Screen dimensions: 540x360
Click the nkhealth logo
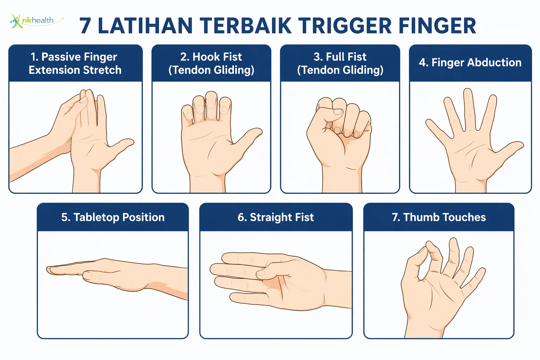pyautogui.click(x=36, y=21)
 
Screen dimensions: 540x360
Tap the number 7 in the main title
pyautogui.click(x=85, y=26)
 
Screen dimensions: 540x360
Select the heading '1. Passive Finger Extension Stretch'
pyautogui.click(x=75, y=63)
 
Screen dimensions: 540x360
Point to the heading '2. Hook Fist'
pyautogui.click(x=211, y=57)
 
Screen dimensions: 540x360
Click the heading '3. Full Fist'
pyautogui.click(x=340, y=57)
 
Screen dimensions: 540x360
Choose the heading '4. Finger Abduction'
pyautogui.click(x=470, y=63)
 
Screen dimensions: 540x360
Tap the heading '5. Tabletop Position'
pyautogui.click(x=113, y=217)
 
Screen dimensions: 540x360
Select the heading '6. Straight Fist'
pyautogui.click(x=276, y=217)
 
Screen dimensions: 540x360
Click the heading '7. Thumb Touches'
pyautogui.click(x=439, y=217)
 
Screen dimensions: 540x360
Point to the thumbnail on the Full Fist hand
pyautogui.click(x=338, y=112)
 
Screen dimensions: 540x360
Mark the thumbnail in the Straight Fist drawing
pyautogui.click(x=261, y=273)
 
